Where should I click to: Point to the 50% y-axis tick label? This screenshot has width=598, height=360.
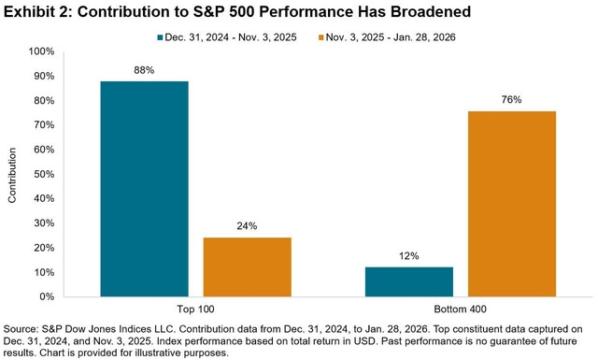pyautogui.click(x=43, y=174)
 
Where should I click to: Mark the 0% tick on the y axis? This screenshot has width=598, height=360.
pyautogui.click(x=46, y=296)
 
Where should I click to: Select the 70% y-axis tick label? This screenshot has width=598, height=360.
pyautogui.click(x=43, y=125)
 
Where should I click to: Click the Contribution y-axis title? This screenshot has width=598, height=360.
pyautogui.click(x=13, y=174)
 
